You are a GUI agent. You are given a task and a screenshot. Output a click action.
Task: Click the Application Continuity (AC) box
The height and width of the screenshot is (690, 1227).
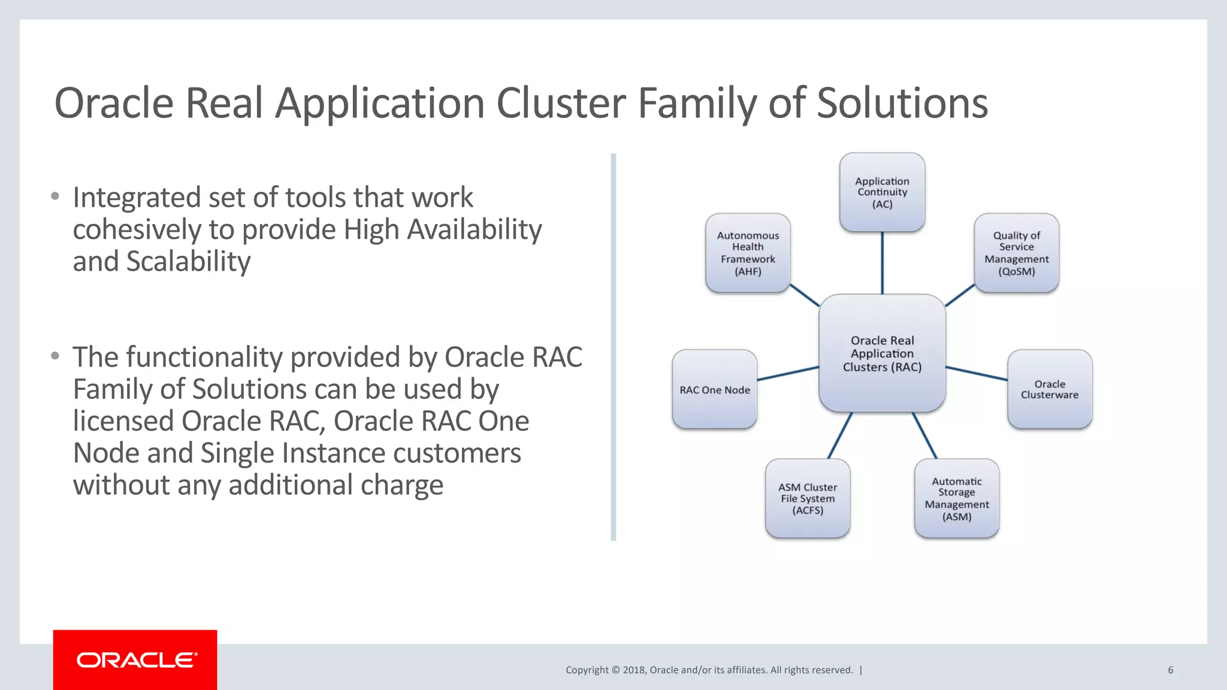882,192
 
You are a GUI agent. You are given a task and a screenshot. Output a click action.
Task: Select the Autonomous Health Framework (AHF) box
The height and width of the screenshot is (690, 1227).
748,253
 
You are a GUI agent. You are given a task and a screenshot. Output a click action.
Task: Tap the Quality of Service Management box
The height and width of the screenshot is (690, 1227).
1016,253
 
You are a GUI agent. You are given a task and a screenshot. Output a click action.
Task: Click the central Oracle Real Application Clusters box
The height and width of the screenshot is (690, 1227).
882,353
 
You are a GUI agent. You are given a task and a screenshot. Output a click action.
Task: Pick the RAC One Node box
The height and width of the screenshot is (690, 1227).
714,389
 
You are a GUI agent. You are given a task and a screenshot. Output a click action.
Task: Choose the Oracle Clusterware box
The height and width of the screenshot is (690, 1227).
1050,389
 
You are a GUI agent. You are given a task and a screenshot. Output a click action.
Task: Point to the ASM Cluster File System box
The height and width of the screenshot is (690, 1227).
807,498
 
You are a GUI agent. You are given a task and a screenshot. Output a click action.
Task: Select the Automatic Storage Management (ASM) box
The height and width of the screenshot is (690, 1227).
956,498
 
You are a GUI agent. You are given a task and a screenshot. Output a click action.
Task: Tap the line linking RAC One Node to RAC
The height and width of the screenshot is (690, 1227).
788,374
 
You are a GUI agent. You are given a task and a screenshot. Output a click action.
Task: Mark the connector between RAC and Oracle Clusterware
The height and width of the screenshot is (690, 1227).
977,373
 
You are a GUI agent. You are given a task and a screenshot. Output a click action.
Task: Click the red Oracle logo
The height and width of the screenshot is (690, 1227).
135,660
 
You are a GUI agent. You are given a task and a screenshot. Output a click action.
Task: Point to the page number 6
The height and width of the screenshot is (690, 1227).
1170,670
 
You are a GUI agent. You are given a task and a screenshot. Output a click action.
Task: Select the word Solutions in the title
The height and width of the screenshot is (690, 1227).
902,103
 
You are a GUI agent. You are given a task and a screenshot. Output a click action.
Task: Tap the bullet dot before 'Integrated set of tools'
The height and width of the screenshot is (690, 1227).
55,196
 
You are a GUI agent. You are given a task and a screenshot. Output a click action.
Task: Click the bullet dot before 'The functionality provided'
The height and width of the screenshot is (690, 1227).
55,356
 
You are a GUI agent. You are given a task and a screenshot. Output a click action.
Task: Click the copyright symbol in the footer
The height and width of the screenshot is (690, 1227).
615,670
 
